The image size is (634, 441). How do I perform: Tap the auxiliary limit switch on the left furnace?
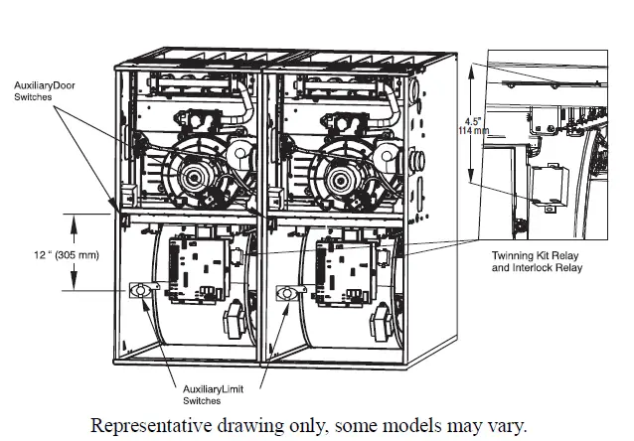tap(138, 290)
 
